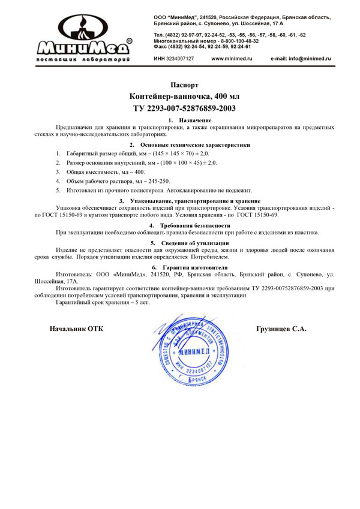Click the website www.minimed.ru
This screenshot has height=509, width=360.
click(x=232, y=59)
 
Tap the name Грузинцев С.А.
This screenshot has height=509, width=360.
click(x=281, y=329)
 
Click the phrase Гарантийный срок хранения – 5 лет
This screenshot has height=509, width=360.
click(x=102, y=303)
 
